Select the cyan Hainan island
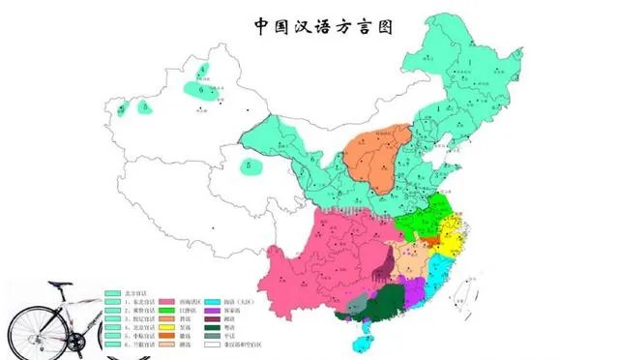[362, 341]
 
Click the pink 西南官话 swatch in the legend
[153, 302]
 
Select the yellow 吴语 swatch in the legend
[153, 323]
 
